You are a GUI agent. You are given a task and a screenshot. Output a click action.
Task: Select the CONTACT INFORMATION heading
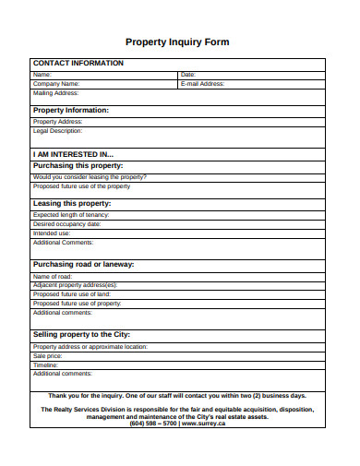coord(78,63)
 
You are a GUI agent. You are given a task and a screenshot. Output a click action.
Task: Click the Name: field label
coord(42,74)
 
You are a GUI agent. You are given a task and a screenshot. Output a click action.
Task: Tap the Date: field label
coord(187,74)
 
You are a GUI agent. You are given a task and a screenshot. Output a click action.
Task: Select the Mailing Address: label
coord(56,92)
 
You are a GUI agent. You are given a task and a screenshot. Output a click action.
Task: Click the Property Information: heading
coord(71,110)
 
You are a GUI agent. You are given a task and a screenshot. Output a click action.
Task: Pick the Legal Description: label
coord(58,130)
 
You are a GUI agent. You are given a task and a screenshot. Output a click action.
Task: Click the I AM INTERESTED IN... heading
coord(73,154)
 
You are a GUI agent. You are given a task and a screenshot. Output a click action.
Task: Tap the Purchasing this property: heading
coord(78,165)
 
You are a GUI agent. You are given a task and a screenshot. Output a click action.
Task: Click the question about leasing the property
coord(90,176)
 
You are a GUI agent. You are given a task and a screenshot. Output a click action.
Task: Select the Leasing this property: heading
coord(72,202)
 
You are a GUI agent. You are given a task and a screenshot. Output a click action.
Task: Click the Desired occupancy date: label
coord(67,223)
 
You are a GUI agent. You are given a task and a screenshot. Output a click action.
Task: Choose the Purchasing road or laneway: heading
coord(84,264)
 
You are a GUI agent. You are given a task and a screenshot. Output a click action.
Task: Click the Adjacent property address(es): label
coord(76,285)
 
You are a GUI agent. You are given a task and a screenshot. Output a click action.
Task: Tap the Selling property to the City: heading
coord(81,334)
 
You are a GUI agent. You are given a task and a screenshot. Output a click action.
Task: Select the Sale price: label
coord(48,355)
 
